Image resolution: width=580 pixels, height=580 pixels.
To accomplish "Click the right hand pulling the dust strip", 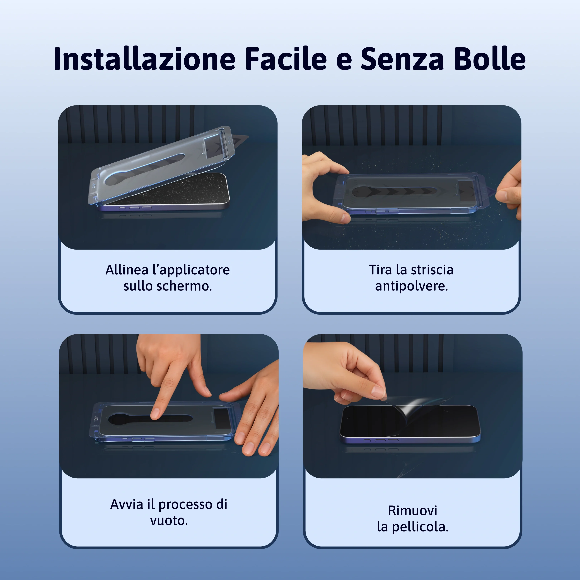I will [x=510, y=192].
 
